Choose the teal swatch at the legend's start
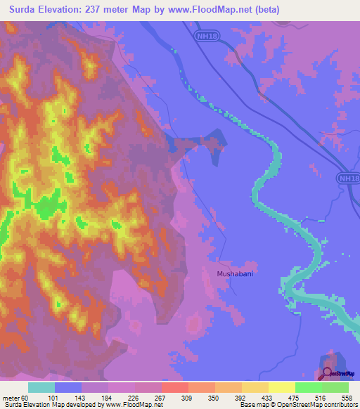pyautogui.click(x=41, y=387)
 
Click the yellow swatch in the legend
pyautogui.click(x=282, y=387)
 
